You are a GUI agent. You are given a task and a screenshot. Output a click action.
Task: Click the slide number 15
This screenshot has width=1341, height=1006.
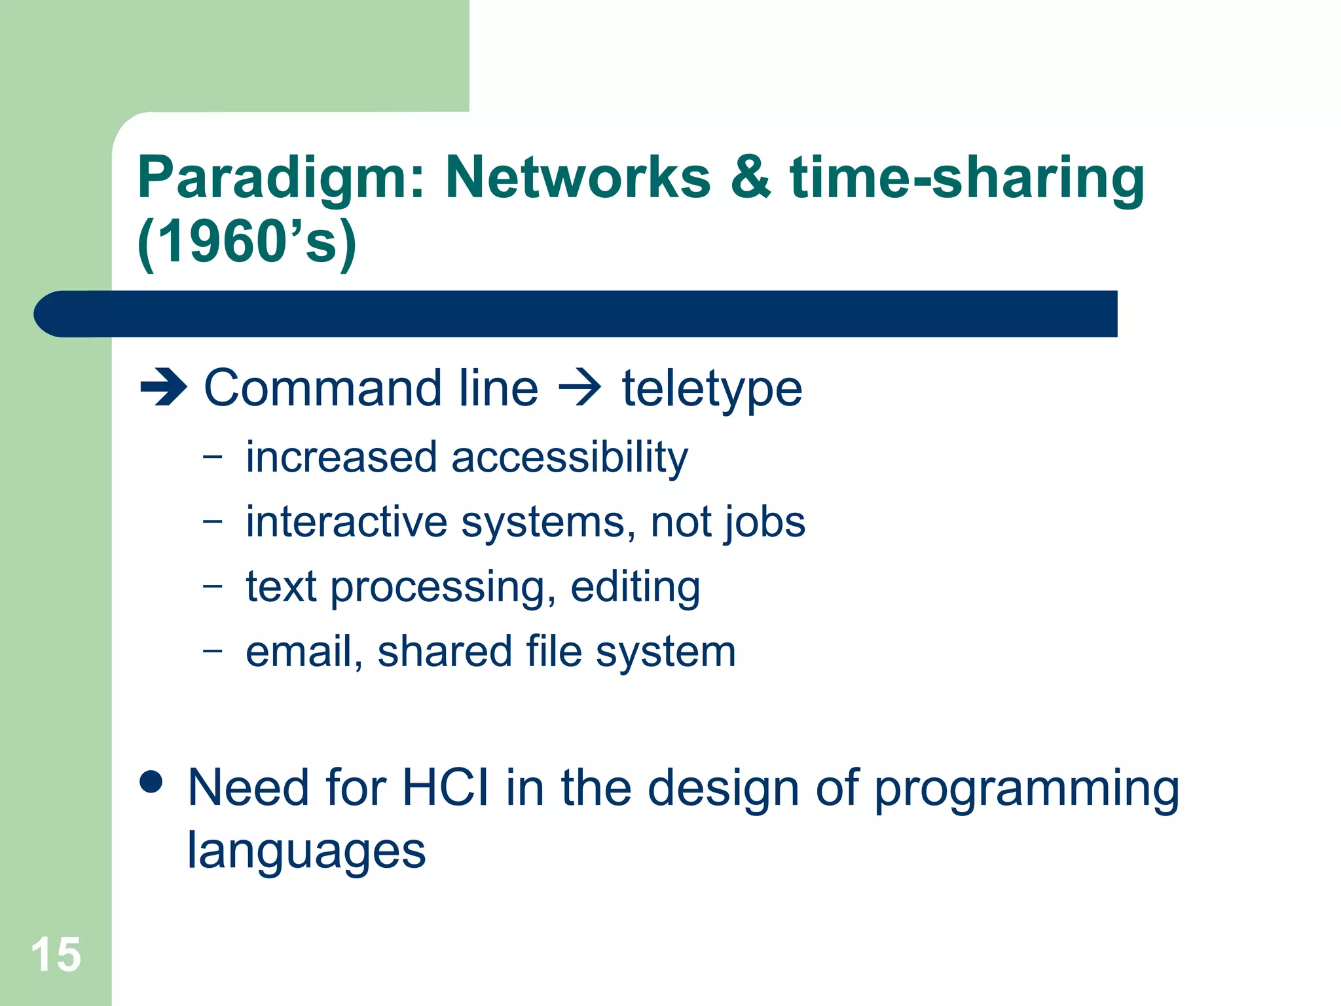click(x=56, y=955)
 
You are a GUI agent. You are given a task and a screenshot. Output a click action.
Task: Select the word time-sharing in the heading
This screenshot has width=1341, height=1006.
click(x=966, y=178)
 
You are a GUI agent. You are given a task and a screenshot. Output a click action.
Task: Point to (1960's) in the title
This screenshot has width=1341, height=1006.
click(x=248, y=242)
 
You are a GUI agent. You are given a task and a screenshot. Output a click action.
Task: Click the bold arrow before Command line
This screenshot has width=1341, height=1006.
click(x=164, y=388)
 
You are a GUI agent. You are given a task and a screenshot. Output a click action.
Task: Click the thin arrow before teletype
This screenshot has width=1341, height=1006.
click(x=579, y=388)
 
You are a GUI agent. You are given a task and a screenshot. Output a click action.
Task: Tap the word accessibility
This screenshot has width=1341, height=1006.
click(x=569, y=458)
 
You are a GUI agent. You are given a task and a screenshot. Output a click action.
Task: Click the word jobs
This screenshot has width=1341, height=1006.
click(x=763, y=523)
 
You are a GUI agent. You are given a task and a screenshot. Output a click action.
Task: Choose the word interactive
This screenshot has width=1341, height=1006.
click(x=346, y=522)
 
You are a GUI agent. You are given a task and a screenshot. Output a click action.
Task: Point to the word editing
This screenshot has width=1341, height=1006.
click(x=634, y=587)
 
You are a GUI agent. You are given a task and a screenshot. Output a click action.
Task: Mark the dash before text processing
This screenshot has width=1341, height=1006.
click(x=212, y=586)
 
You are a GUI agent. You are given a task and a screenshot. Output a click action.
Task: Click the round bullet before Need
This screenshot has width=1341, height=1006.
click(x=151, y=782)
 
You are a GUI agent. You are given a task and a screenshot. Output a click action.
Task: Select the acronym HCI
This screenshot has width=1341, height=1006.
click(x=445, y=787)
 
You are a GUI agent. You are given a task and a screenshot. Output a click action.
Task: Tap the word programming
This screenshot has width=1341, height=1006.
click(x=1026, y=789)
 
